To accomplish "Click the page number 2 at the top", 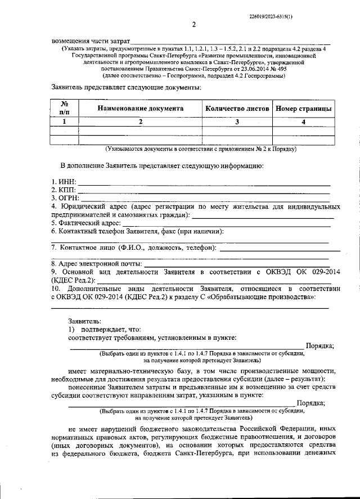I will pyautogui.click(x=193, y=24).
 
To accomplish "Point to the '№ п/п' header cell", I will pyautogui.click(x=64, y=108).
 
